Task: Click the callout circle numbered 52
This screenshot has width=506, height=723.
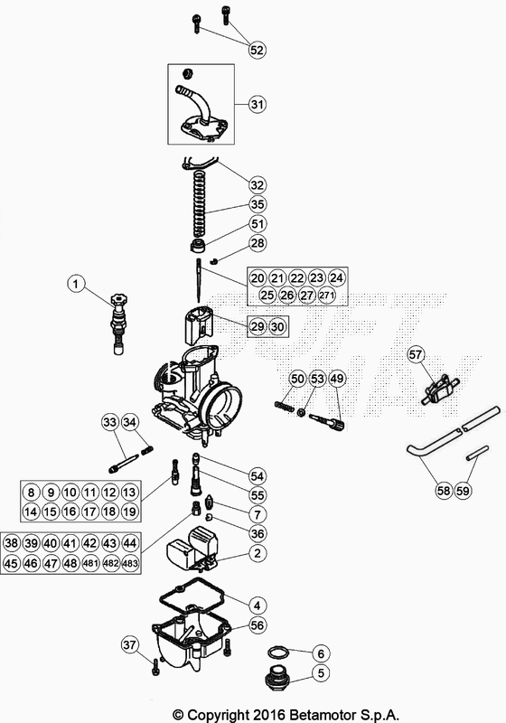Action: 257,51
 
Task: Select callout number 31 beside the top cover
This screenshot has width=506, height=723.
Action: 257,105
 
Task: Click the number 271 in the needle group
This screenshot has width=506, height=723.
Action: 336,296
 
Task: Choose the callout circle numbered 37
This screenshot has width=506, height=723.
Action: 130,644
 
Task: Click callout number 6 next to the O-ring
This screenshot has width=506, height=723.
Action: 319,653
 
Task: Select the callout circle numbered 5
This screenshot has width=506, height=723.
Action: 319,672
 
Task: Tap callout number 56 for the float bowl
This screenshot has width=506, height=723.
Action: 257,624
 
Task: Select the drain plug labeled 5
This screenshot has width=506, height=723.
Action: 277,677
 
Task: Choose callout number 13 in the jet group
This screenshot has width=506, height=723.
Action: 129,493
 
